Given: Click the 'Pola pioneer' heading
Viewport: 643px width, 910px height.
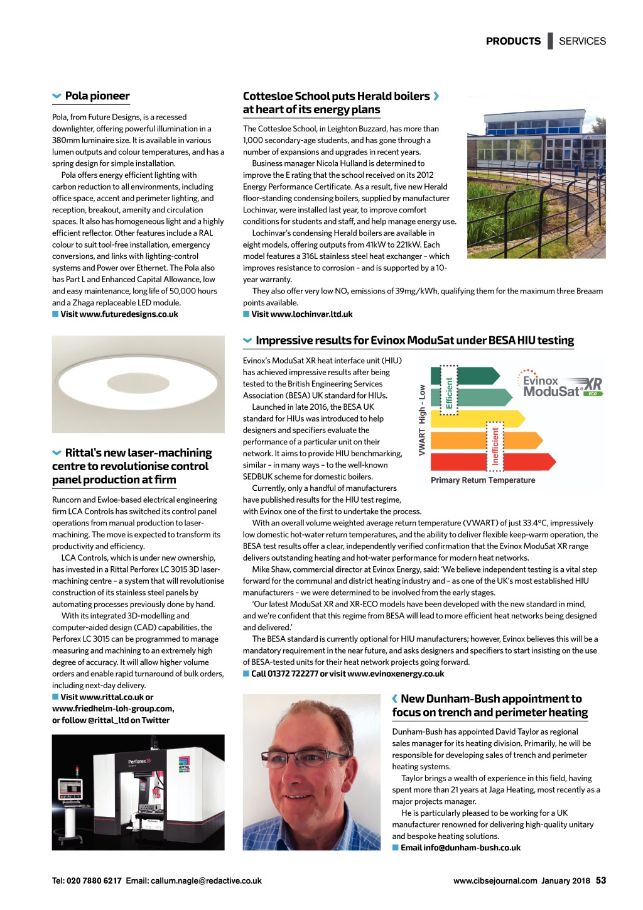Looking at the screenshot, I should click(x=97, y=96).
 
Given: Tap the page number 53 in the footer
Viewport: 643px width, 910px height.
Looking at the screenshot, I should click(x=601, y=880).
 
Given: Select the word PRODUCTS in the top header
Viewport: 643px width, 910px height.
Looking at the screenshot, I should click(x=513, y=41).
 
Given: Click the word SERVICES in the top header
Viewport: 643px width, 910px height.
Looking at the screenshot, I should click(x=582, y=41).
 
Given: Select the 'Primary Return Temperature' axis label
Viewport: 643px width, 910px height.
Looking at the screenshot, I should click(x=483, y=480).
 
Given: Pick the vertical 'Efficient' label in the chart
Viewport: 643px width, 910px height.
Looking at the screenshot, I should click(x=449, y=393).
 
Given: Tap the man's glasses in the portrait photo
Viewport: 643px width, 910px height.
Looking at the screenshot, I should click(x=300, y=760).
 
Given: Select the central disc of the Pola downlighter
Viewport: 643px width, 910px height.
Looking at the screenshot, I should click(x=138, y=383).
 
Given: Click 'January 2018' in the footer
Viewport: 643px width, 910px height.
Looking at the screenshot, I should click(x=566, y=881).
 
